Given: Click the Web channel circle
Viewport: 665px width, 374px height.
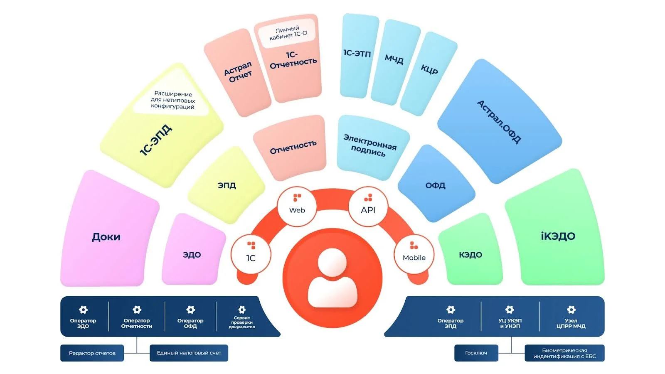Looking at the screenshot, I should [297, 206].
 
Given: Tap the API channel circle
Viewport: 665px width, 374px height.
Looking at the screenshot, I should [368, 206].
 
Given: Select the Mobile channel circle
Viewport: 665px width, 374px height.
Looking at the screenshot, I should [414, 254].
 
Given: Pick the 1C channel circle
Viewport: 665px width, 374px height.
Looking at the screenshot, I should [251, 254].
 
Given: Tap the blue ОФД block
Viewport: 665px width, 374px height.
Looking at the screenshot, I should [435, 185].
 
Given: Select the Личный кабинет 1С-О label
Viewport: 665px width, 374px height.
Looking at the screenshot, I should [288, 33].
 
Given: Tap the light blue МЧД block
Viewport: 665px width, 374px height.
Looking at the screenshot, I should [394, 59].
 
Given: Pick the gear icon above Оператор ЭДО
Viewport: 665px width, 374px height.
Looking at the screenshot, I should [83, 310].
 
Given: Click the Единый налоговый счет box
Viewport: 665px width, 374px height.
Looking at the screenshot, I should [189, 353].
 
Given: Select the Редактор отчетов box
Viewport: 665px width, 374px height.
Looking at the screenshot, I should [92, 353].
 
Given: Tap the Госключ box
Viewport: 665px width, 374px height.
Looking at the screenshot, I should [476, 353].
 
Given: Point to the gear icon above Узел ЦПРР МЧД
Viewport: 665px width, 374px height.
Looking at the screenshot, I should [571, 310].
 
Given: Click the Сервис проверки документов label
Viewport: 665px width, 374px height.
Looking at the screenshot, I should [241, 322].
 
